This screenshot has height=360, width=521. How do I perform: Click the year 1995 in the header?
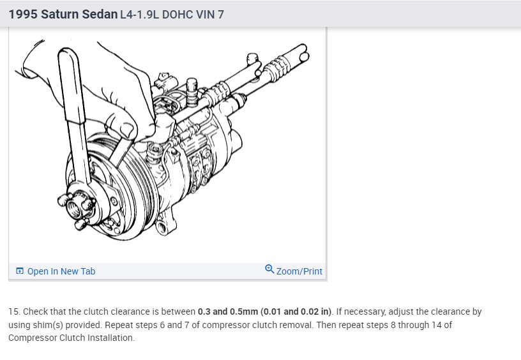coord(23,14)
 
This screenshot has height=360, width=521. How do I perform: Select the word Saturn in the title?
coord(59,14)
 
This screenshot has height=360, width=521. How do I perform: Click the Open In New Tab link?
coord(61,271)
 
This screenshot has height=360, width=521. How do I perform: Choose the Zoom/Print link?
coord(299,271)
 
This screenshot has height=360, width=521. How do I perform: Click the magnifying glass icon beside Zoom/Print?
coord(269,269)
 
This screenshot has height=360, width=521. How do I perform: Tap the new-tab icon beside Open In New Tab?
coord(20,271)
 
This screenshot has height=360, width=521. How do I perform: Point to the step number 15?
coord(14,311)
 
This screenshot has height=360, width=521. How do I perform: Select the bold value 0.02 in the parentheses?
coord(309,311)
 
